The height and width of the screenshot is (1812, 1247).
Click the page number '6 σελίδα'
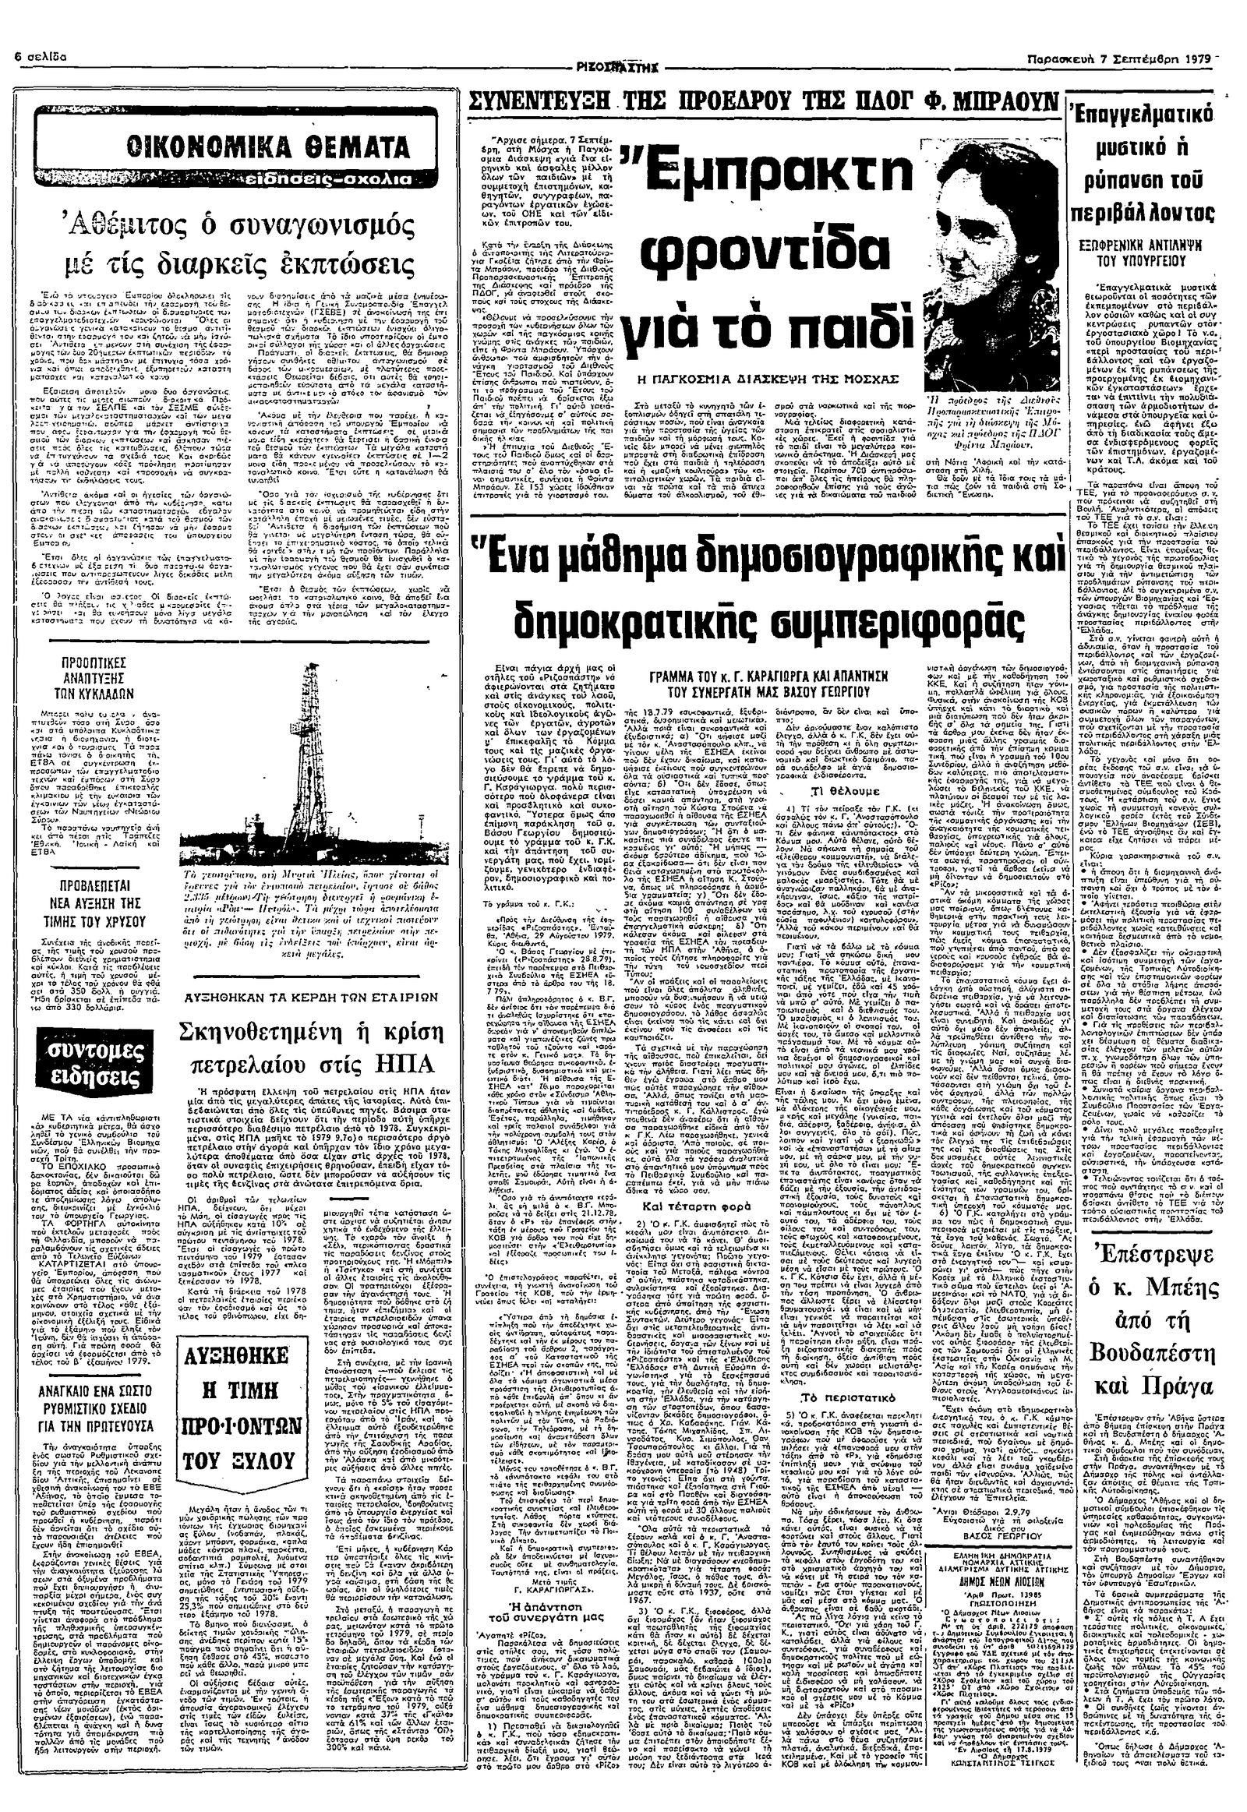click(x=38, y=58)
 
